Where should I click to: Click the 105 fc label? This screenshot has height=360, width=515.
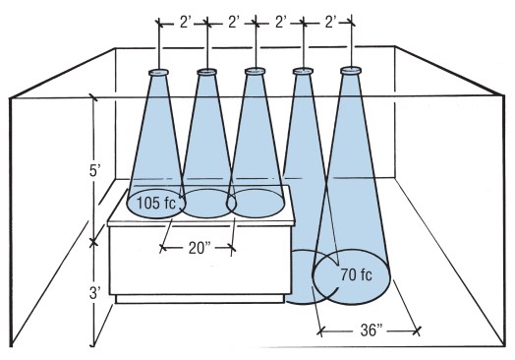[x=156, y=204]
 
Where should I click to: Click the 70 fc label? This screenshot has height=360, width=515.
[x=357, y=274]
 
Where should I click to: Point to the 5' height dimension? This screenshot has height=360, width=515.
[x=94, y=171]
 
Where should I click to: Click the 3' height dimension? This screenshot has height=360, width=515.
[x=94, y=293]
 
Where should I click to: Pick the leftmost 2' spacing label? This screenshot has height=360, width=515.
[x=186, y=23]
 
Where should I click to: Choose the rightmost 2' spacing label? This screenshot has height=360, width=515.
[x=331, y=23]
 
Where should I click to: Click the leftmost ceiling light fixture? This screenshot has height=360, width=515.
[x=158, y=73]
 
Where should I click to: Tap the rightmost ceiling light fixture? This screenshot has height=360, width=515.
[x=351, y=71]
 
